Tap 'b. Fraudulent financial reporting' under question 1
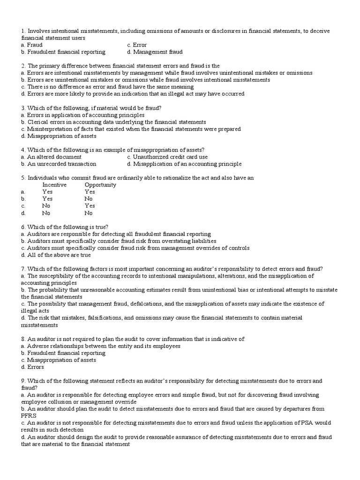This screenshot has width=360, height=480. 63,52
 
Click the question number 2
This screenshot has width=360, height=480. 23,66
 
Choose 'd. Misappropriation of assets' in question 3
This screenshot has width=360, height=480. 59,136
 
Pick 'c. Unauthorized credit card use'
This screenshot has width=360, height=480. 167,157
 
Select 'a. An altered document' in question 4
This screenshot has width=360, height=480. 51,157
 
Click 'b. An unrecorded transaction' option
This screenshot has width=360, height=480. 59,164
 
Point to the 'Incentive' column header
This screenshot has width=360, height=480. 54,185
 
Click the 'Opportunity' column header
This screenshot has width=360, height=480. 100,185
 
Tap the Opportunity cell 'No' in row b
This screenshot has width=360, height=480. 89,199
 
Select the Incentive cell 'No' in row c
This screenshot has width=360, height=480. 46,206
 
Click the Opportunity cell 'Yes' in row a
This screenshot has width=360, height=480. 90,192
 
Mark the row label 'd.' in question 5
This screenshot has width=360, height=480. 23,213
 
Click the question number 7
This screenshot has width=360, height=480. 23,269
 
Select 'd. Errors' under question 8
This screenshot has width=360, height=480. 32,367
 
